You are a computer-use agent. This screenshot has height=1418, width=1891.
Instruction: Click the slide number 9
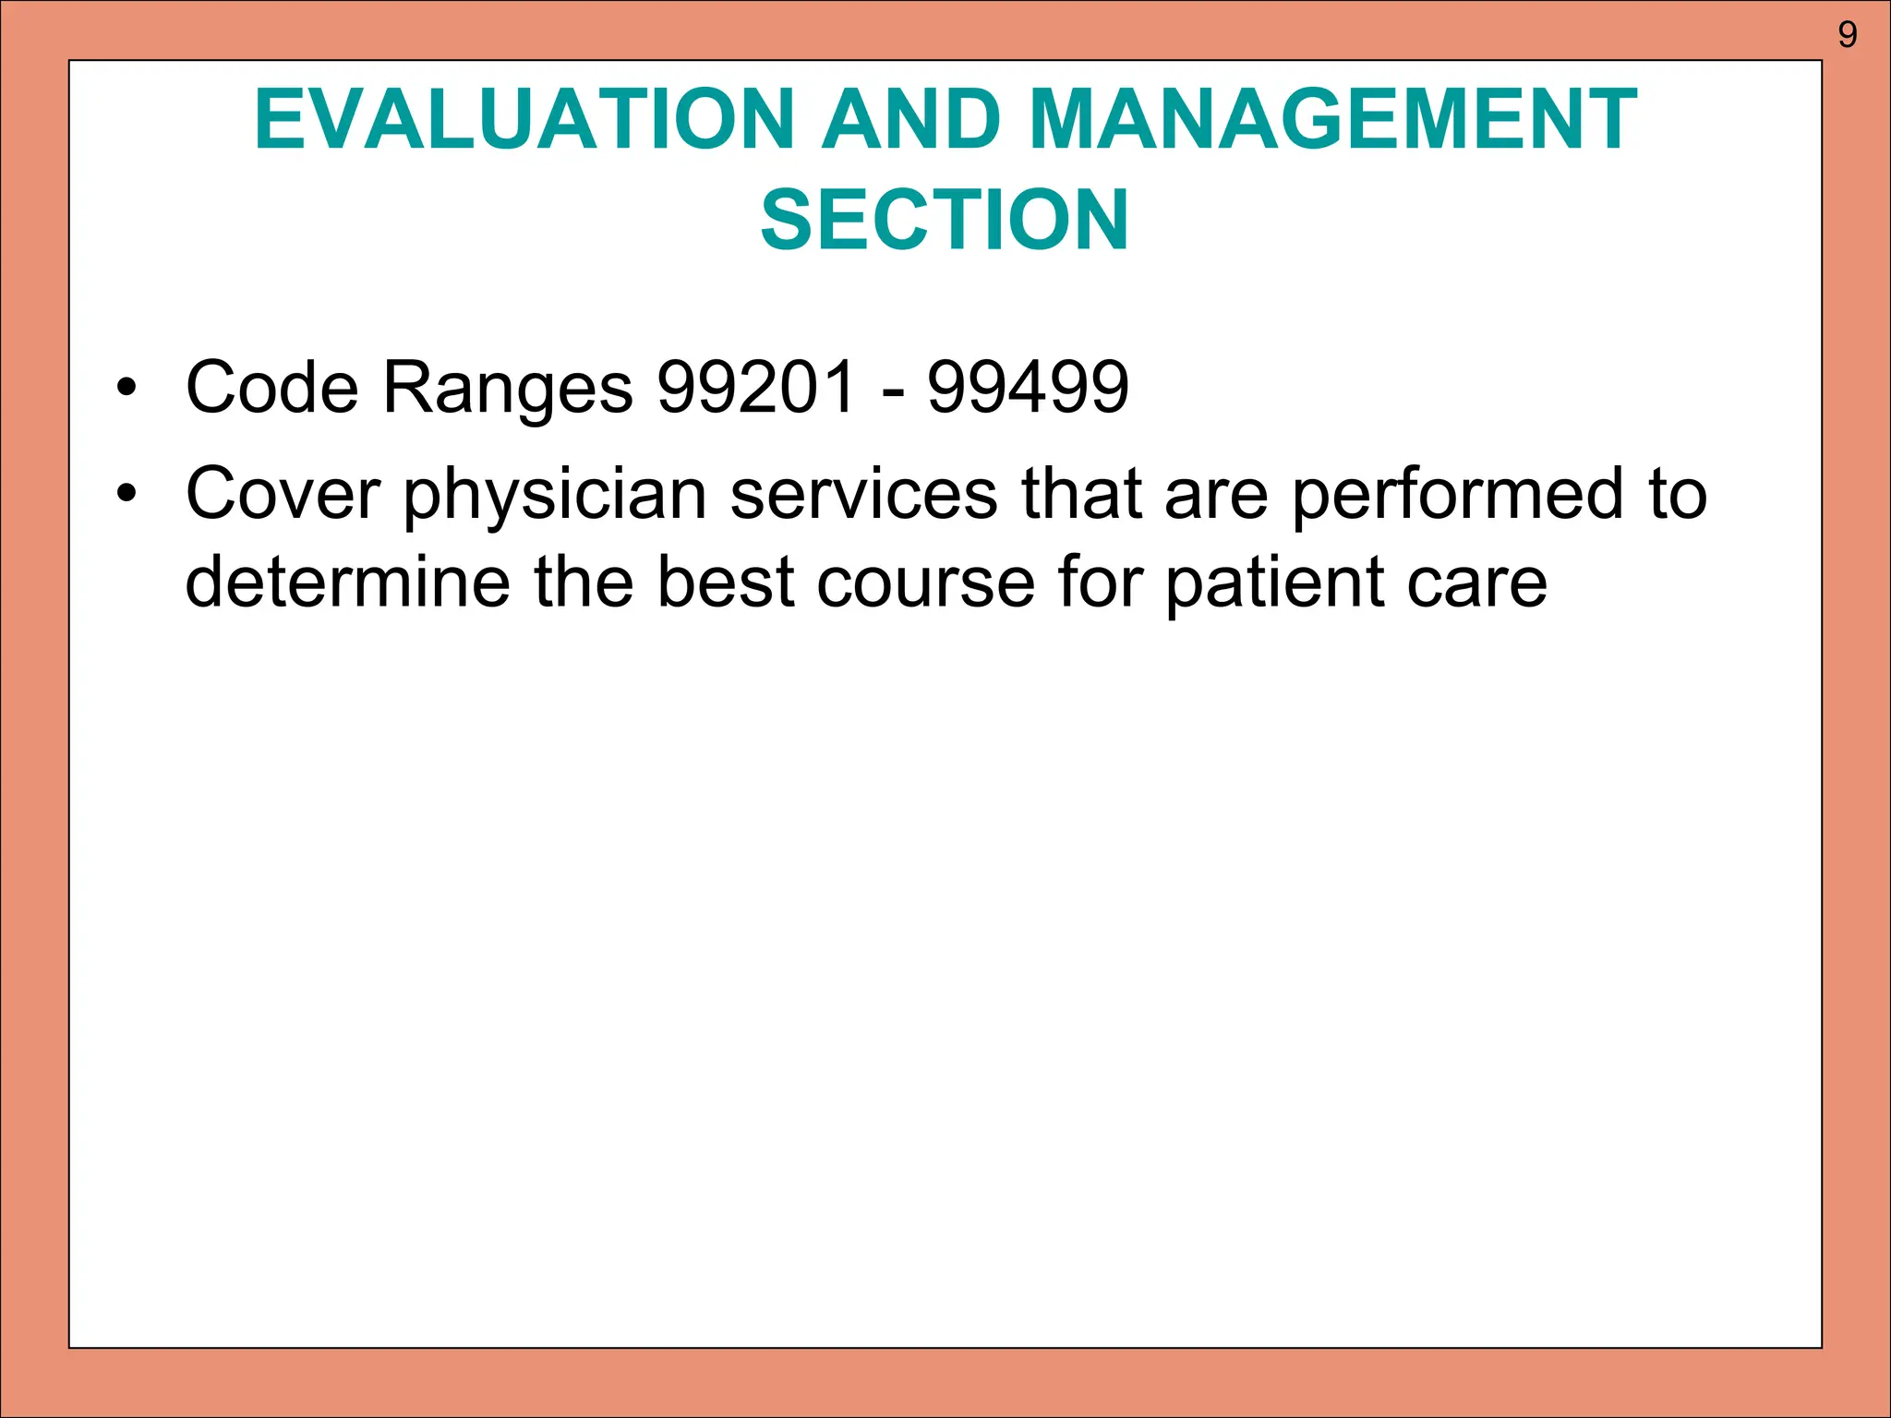(1847, 35)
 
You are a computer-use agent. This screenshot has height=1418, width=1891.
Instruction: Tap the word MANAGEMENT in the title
(1332, 120)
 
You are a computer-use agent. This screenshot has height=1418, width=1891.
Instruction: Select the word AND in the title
(912, 120)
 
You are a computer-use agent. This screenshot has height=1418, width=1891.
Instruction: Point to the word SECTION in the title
(945, 220)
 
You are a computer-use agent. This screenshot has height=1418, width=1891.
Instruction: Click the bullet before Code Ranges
(126, 387)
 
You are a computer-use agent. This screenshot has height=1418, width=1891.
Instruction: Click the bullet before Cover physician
(126, 494)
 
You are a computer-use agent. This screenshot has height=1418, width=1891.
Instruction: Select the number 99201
(756, 387)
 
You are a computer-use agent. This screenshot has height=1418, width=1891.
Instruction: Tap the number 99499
(1028, 387)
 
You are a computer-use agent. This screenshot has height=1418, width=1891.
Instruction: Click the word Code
(272, 387)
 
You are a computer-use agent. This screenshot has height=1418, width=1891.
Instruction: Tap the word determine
(347, 583)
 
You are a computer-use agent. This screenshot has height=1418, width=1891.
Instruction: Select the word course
(925, 584)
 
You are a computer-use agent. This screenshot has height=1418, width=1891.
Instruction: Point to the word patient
(1274, 584)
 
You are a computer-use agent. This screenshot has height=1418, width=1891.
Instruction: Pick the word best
(726, 583)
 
